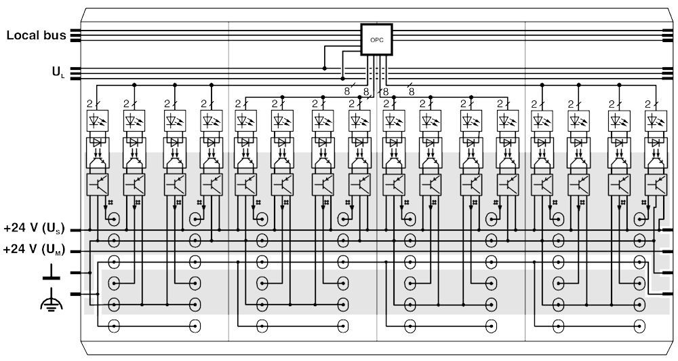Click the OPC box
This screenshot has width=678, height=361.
(x=376, y=40)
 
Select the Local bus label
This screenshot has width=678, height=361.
(x=36, y=35)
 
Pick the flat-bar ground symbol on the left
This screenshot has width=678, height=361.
(x=51, y=273)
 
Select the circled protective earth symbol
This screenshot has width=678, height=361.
(x=51, y=303)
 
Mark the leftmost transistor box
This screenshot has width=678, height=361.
(x=98, y=185)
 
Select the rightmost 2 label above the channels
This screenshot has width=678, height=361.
(x=647, y=104)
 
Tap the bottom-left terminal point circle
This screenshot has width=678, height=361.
(x=114, y=326)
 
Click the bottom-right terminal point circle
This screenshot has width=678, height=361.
(x=639, y=326)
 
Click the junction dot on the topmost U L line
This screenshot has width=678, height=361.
(x=324, y=68)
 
